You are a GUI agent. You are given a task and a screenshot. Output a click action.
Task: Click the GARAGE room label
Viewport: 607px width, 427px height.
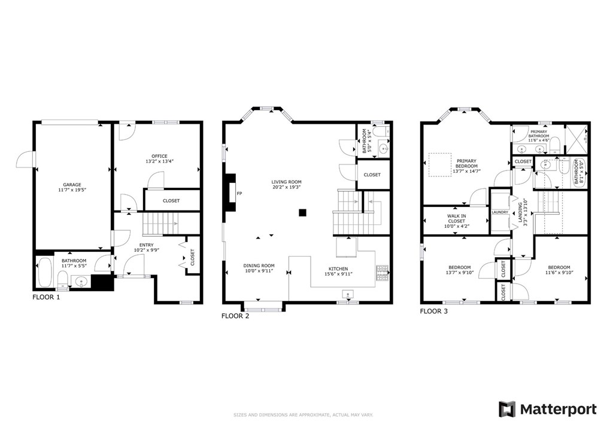(72, 185)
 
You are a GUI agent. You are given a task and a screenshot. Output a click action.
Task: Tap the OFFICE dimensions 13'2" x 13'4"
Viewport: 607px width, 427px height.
(159, 162)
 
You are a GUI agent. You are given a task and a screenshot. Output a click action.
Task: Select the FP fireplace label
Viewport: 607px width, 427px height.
(239, 193)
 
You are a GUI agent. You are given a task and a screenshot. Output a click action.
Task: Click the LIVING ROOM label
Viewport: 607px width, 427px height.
(286, 182)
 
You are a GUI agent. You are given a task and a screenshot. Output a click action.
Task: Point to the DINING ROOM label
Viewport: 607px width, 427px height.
(259, 266)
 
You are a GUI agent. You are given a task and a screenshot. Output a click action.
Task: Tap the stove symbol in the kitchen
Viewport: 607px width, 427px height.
(382, 273)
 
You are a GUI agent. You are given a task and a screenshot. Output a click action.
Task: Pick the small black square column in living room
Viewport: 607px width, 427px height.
(303, 212)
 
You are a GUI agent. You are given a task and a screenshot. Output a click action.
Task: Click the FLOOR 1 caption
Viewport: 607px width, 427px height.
(46, 297)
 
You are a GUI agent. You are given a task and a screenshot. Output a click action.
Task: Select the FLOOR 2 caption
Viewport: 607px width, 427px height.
(235, 316)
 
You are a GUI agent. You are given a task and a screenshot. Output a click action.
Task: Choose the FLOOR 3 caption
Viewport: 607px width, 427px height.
(433, 311)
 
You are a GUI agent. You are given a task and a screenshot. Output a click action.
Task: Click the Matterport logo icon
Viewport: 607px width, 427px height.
(507, 409)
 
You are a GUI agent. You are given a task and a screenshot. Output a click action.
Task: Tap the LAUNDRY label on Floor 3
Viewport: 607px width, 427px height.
(500, 212)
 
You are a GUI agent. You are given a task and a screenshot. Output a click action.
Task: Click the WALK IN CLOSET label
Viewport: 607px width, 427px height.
(456, 218)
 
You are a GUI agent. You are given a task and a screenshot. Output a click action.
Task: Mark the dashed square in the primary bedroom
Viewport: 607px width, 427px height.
(439, 165)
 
